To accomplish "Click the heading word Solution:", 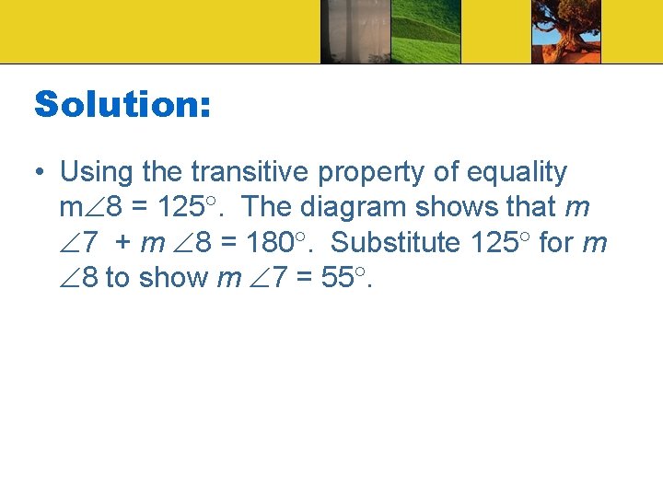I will pyautogui.click(x=122, y=104).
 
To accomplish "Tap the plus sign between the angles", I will pyautogui.click(x=122, y=243).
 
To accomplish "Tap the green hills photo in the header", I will pyautogui.click(x=426, y=31).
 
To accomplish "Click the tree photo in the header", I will pyautogui.click(x=565, y=31).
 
